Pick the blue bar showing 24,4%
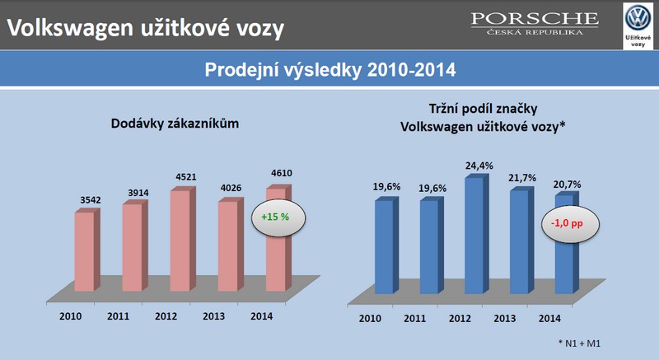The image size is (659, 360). (x=477, y=235)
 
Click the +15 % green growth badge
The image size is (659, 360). (x=278, y=217)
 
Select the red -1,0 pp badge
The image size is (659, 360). (x=569, y=224)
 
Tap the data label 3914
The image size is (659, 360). (x=138, y=193)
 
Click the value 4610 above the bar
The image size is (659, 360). (x=282, y=173)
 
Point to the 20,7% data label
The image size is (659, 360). (x=567, y=185)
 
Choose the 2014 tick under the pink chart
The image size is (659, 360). (x=261, y=316)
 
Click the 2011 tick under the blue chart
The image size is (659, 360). (x=415, y=319)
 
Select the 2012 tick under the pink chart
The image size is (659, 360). (x=166, y=316)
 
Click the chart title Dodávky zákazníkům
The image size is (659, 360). (x=175, y=124)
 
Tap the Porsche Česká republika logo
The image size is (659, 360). (x=535, y=24)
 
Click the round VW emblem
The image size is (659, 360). (x=638, y=17)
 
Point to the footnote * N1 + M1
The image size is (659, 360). (x=579, y=344)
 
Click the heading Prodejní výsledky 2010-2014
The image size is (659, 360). (x=330, y=70)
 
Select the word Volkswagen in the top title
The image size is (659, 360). (x=70, y=28)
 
